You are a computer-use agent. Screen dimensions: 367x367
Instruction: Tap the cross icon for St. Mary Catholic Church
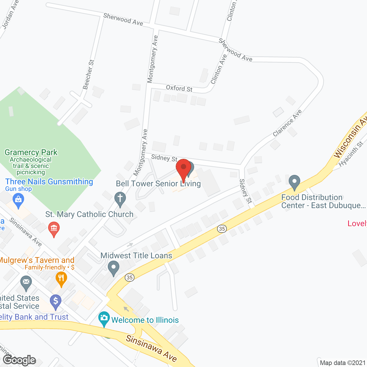tap(120, 198)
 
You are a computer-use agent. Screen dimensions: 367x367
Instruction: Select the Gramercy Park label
tap(31, 152)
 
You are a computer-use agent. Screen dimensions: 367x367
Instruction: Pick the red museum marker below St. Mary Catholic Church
tap(54, 229)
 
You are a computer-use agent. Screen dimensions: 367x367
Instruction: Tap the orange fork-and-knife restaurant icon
tap(61, 278)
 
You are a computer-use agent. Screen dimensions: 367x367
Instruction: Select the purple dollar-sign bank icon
tap(56, 301)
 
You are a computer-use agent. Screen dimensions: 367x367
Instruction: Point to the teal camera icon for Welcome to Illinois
tap(104, 318)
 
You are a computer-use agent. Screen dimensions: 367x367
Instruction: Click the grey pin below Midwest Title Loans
tap(114, 268)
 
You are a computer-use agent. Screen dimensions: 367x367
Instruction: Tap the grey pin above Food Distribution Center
tap(294, 182)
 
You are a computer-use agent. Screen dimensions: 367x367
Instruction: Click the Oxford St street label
tap(179, 88)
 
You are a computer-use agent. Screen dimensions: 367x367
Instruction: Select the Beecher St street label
tap(88, 75)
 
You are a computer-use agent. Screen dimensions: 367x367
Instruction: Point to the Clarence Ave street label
tap(287, 123)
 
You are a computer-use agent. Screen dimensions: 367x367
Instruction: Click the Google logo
tap(19, 360)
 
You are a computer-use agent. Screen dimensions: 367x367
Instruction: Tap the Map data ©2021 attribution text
tap(343, 363)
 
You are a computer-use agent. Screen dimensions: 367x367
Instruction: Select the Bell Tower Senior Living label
tap(158, 183)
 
